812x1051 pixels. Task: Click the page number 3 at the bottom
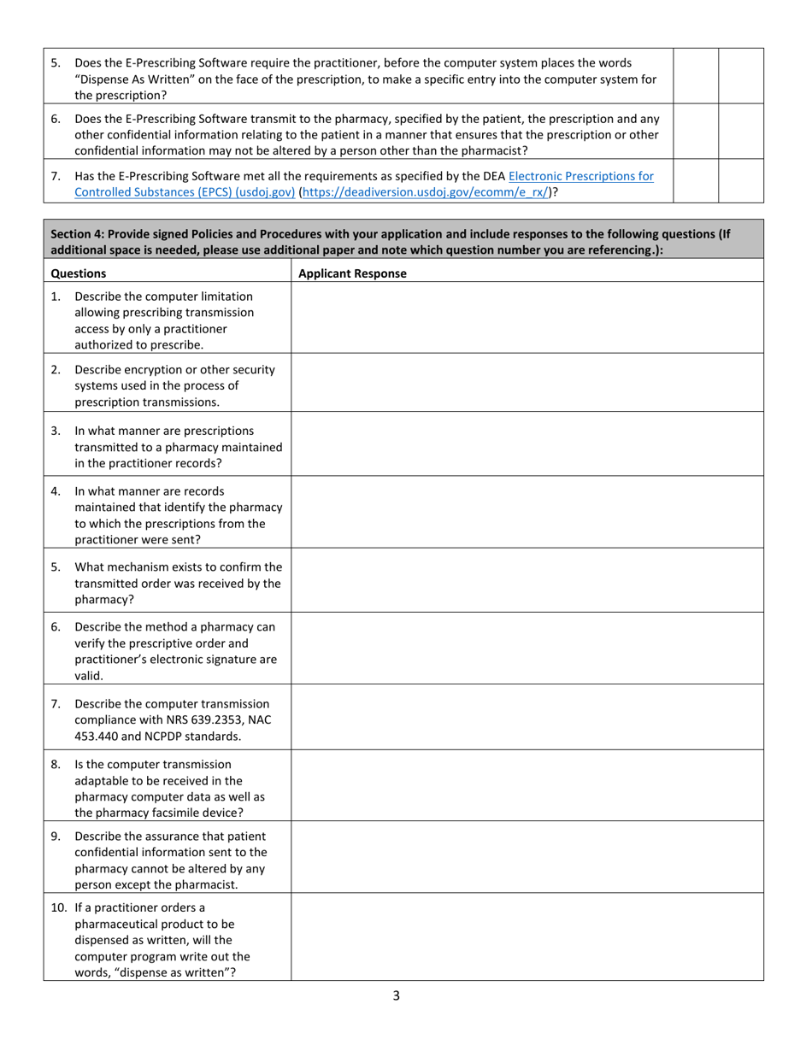397,995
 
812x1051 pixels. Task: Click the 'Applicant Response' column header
352,273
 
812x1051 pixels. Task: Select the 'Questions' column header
79,273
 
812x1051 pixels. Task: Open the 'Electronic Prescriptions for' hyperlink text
581,176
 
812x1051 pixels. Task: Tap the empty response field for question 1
527,317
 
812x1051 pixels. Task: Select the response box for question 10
527,937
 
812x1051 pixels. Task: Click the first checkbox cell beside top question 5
695,76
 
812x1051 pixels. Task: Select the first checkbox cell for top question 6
695,132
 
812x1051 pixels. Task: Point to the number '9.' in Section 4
56,837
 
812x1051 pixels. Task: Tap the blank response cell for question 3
527,443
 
